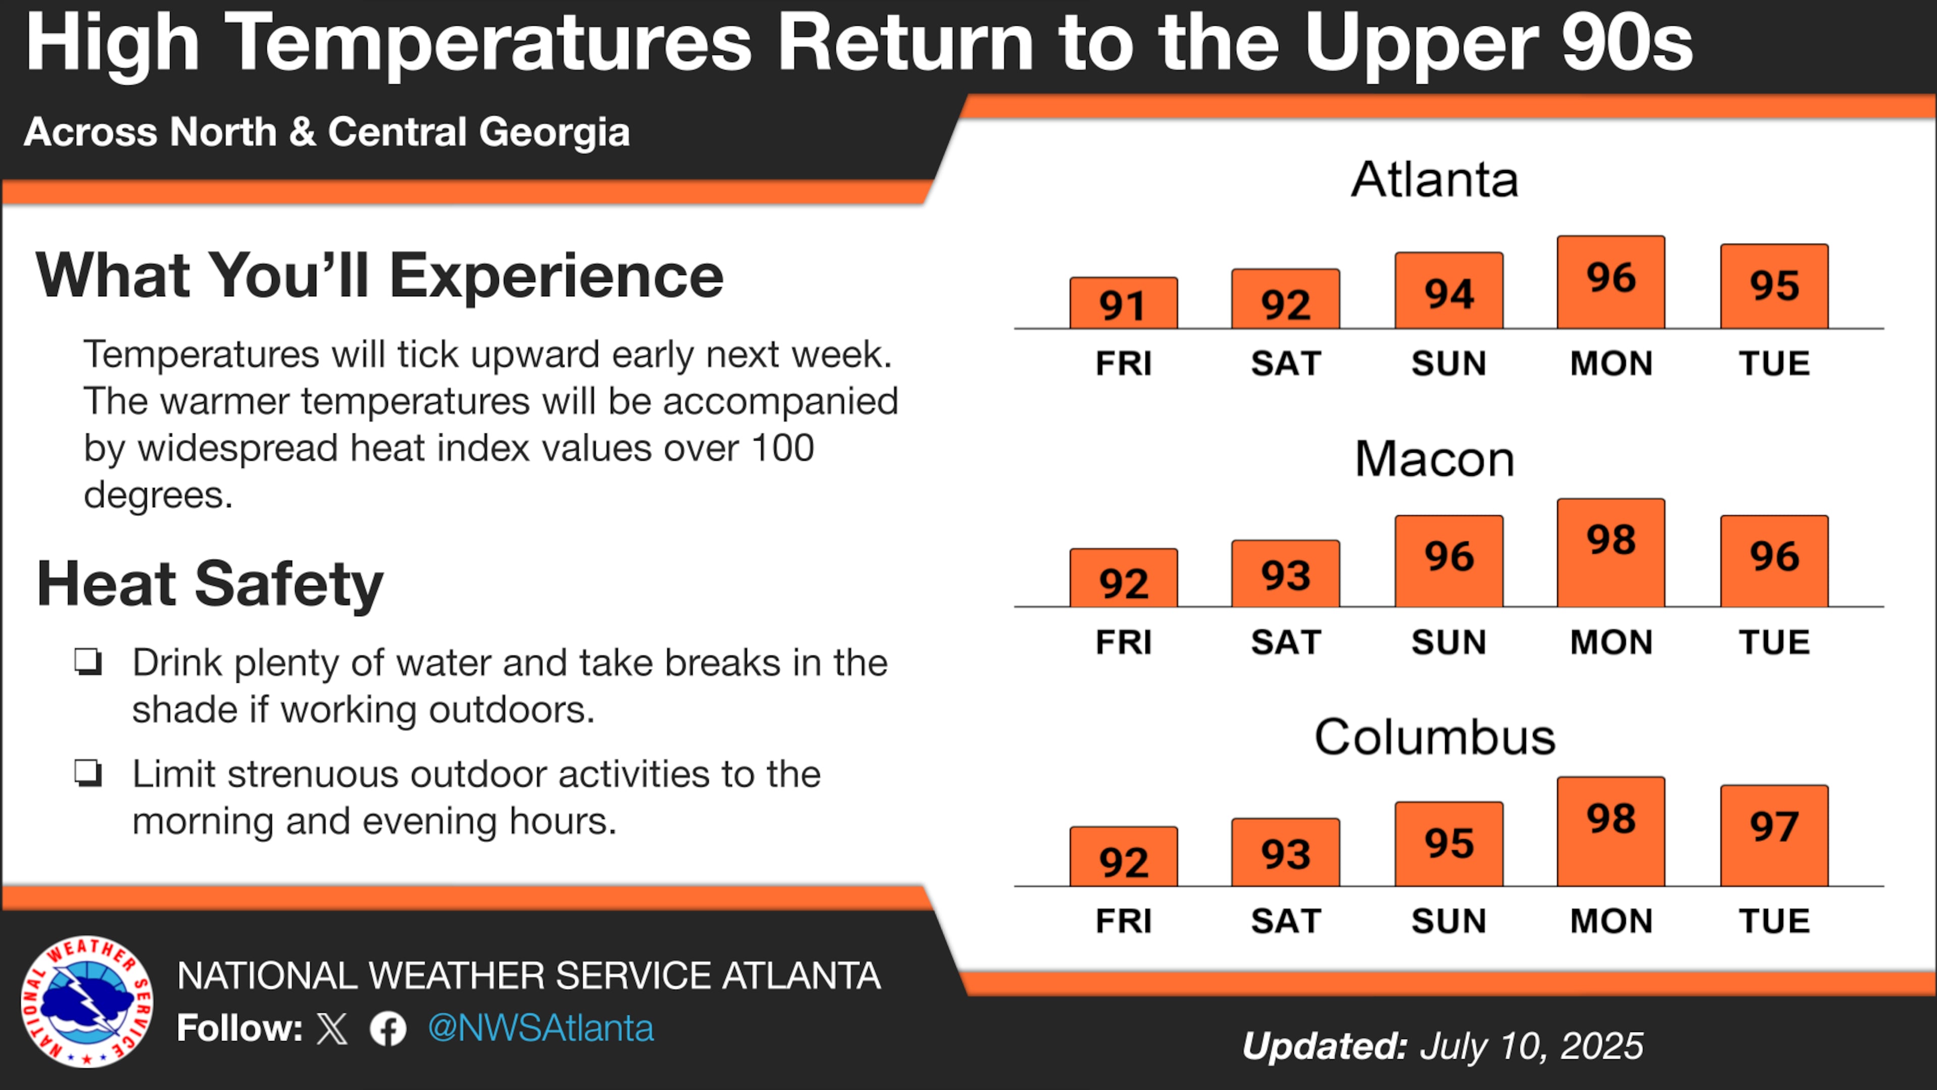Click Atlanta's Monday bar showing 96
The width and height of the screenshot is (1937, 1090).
(1611, 282)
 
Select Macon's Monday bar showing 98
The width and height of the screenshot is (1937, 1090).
(1611, 553)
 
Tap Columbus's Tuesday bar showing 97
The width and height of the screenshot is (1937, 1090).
(1774, 836)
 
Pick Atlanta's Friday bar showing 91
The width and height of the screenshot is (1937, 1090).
(1123, 303)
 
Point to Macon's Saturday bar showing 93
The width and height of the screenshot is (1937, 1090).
(1285, 574)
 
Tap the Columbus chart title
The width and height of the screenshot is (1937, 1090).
(1435, 737)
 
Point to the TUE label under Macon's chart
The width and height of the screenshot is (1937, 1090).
(1774, 642)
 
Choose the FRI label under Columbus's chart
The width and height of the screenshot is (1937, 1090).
(1123, 921)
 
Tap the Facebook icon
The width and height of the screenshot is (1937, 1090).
(388, 1029)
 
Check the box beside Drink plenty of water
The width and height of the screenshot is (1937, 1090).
(88, 662)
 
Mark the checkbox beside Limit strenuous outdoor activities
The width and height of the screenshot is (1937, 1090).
(88, 773)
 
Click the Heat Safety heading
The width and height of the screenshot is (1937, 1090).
(210, 584)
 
